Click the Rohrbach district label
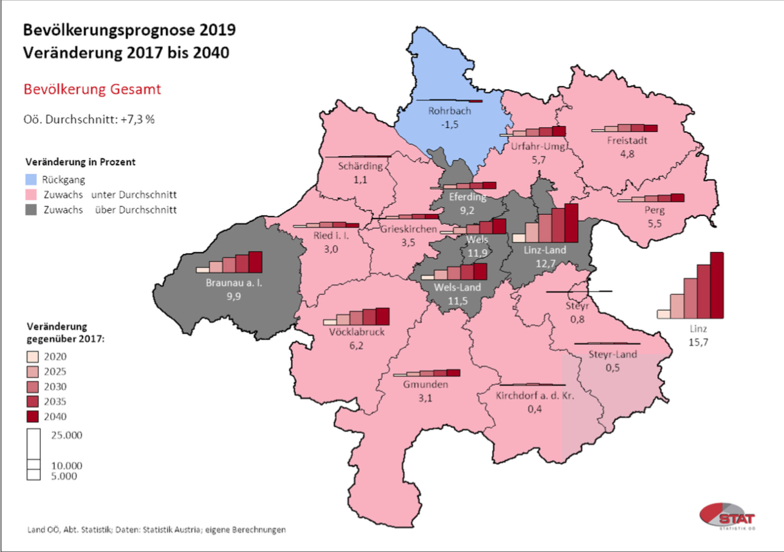click(x=449, y=111)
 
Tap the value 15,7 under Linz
click(x=698, y=342)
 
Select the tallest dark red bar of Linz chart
click(x=717, y=285)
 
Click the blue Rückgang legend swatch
click(x=31, y=180)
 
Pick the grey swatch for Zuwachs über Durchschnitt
click(x=31, y=210)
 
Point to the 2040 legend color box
click(x=33, y=416)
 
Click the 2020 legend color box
click(x=33, y=357)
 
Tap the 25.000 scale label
click(x=67, y=435)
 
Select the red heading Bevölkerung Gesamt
click(x=92, y=89)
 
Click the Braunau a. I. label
click(x=234, y=283)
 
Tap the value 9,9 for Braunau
click(x=234, y=296)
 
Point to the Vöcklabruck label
click(x=357, y=332)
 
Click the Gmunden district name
click(x=425, y=384)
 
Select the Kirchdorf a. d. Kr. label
click(x=535, y=395)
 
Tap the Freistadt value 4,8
click(x=627, y=154)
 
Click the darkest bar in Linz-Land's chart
click(x=571, y=223)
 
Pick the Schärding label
click(x=360, y=166)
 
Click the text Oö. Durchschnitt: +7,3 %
click(x=89, y=119)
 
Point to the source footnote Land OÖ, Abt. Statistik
click(x=156, y=530)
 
